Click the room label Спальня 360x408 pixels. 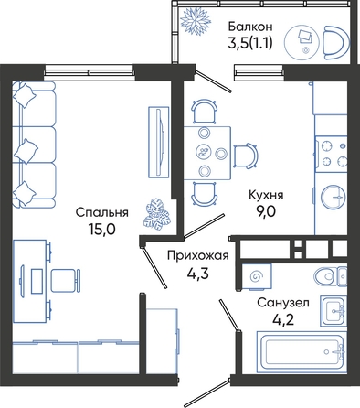(x=101, y=213)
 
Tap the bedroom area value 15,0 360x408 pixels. (x=102, y=229)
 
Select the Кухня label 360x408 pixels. (x=266, y=196)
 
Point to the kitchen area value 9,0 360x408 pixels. (x=266, y=211)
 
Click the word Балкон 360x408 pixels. (x=250, y=27)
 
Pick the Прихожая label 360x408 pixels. (x=198, y=255)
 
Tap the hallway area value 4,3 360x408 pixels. (x=197, y=274)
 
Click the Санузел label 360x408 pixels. (x=283, y=303)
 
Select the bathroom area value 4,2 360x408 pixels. (x=283, y=319)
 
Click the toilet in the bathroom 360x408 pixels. (x=330, y=276)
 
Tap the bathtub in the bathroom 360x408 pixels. (x=302, y=352)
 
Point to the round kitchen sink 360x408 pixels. (x=334, y=197)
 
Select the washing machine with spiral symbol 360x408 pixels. (x=256, y=276)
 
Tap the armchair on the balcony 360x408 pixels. (x=336, y=43)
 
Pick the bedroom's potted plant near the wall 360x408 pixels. (x=157, y=213)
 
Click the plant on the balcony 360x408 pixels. (x=196, y=19)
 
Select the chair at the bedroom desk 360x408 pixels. (x=65, y=280)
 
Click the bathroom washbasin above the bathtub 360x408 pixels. (x=334, y=311)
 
